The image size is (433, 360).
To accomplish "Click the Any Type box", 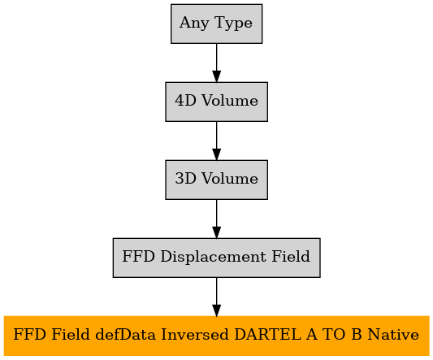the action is pyautogui.click(x=216, y=24).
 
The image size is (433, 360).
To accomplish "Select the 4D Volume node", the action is pyautogui.click(x=216, y=102).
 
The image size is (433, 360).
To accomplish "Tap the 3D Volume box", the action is pyautogui.click(x=216, y=180).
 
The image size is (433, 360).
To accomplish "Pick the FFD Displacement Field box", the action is pyautogui.click(x=216, y=258).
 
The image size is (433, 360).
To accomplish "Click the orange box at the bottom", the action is pyautogui.click(x=216, y=336).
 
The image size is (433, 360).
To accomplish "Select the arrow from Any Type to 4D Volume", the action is pyautogui.click(x=216, y=63).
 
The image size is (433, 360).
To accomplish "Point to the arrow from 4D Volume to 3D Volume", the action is pyautogui.click(x=216, y=141).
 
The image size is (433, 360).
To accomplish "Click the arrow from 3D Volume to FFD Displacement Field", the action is pyautogui.click(x=216, y=219).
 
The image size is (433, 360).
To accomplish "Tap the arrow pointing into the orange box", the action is pyautogui.click(x=216, y=297).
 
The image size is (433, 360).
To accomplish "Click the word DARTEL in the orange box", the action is pyautogui.click(x=267, y=335).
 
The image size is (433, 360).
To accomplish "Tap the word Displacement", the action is pyautogui.click(x=213, y=257).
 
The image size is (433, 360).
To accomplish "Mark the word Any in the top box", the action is pyautogui.click(x=194, y=24).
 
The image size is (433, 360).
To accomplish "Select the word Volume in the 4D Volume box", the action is pyautogui.click(x=230, y=101).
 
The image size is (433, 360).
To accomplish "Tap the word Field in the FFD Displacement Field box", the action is pyautogui.click(x=291, y=257).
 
